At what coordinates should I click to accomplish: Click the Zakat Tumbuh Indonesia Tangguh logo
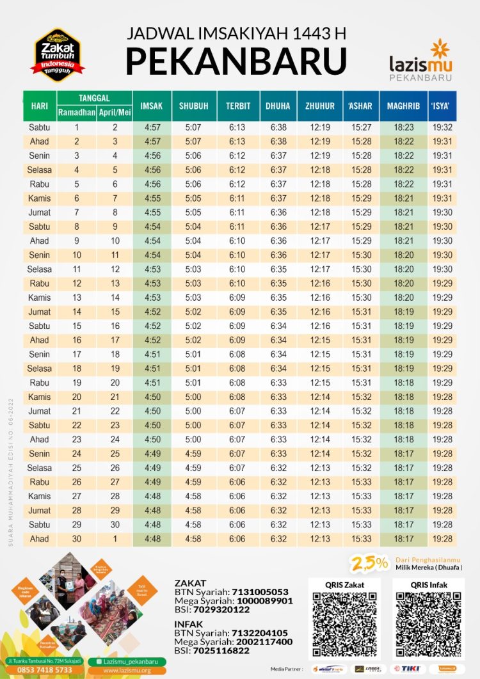pyautogui.click(x=58, y=55)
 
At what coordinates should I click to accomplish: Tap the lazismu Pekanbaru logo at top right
pyautogui.click(x=421, y=61)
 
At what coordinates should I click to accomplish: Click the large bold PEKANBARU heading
pyautogui.click(x=236, y=61)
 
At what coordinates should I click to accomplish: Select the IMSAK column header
pyautogui.click(x=151, y=106)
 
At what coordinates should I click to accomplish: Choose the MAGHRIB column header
pyautogui.click(x=403, y=106)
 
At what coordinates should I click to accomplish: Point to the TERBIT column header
pyautogui.click(x=237, y=106)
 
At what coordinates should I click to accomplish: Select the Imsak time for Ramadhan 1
pyautogui.click(x=152, y=128)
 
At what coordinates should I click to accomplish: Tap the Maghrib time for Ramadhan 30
pyautogui.click(x=404, y=539)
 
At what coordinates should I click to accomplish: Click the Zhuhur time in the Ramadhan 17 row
pyautogui.click(x=320, y=354)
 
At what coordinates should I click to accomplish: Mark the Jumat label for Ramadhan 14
pyautogui.click(x=39, y=312)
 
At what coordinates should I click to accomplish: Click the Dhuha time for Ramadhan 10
pyautogui.click(x=278, y=255)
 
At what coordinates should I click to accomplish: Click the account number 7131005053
pyautogui.click(x=260, y=592)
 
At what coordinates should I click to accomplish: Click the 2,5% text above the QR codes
pyautogui.click(x=371, y=563)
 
